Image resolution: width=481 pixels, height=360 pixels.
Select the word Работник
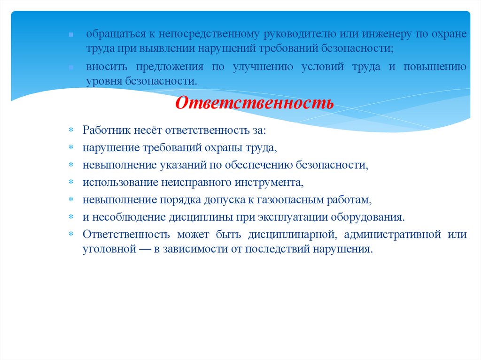pos(105,130)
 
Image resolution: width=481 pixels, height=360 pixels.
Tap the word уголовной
pos(106,249)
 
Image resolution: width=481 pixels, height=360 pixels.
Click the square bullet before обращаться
pos(70,35)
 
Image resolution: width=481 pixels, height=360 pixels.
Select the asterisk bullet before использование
pos(71,183)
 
